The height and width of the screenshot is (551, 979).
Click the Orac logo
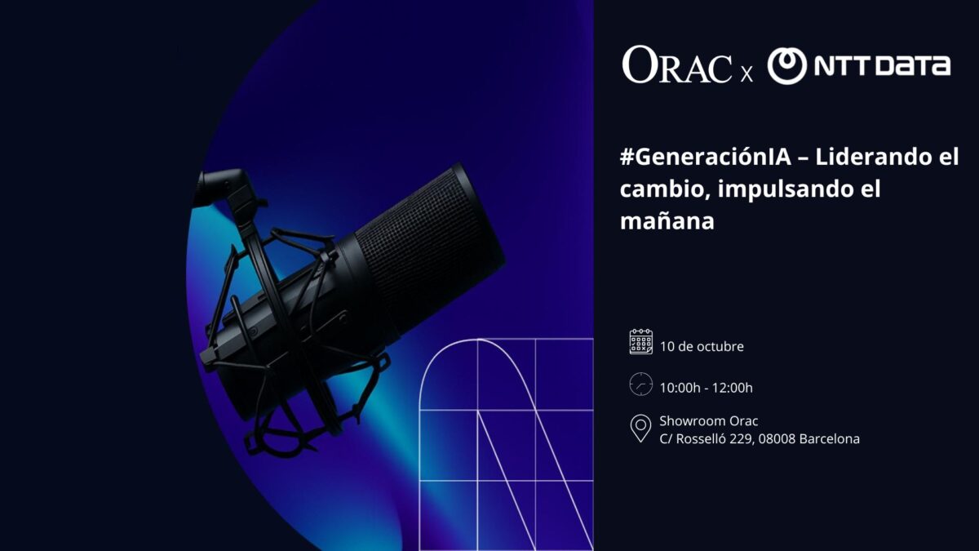tap(677, 64)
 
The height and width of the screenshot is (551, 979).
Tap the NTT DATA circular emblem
tap(787, 66)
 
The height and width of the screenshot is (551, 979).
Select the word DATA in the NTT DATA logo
tap(913, 66)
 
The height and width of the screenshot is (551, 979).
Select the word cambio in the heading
tap(664, 189)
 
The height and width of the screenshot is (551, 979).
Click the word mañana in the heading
tap(667, 221)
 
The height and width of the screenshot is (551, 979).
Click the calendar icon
tap(641, 341)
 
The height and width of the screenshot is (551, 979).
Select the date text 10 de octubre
tap(702, 346)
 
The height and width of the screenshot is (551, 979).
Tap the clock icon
tap(641, 384)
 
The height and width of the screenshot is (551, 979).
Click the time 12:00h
tap(733, 388)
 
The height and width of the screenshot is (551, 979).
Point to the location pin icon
tap(640, 429)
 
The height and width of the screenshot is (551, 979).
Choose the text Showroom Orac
tap(708, 420)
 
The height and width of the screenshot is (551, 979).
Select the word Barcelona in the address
tap(830, 438)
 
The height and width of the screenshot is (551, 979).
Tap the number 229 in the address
tap(742, 439)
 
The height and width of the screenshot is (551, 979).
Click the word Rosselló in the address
tap(700, 438)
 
